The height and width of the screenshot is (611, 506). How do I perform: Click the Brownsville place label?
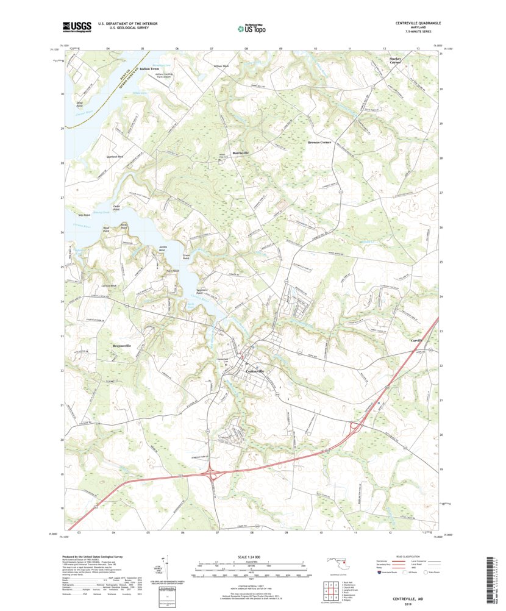[x=122, y=346]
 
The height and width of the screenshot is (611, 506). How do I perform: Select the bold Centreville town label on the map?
[x=255, y=371]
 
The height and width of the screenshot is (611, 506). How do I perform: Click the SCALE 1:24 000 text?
[x=251, y=557]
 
